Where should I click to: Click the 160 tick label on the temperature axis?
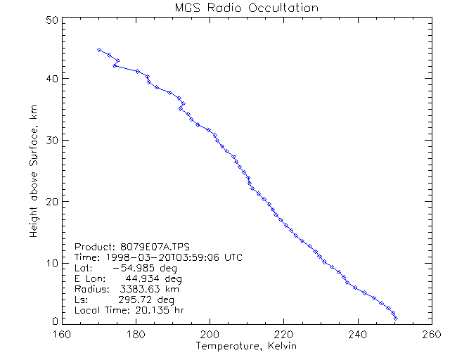pyautogui.click(x=62, y=334)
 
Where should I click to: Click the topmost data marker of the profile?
pyautogui.click(x=99, y=50)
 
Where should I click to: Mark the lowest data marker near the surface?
pyautogui.click(x=396, y=319)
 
